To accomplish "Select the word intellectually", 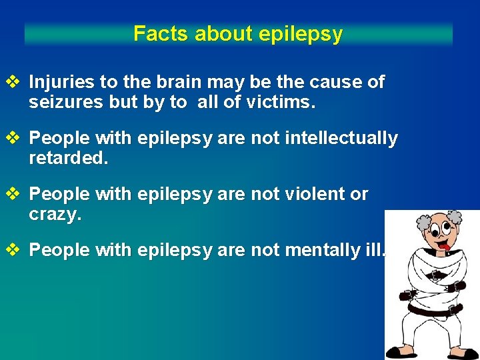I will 342,139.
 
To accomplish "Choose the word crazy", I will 55,215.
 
